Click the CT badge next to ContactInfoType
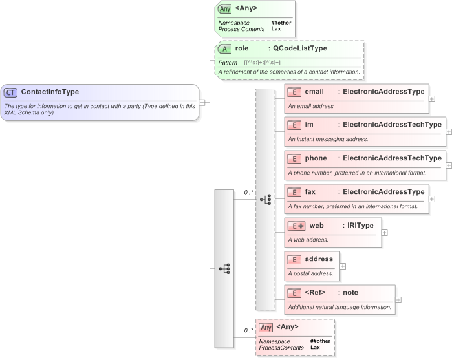pyautogui.click(x=11, y=92)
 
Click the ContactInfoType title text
pyautogui.click(x=50, y=92)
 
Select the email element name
pyautogui.click(x=314, y=92)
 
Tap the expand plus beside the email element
pyautogui.click(x=432, y=99)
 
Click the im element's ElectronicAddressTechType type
pyautogui.click(x=392, y=124)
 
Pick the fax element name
pyautogui.click(x=311, y=191)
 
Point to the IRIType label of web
pyautogui.click(x=361, y=225)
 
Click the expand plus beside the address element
pyautogui.click(x=343, y=266)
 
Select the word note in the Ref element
pyautogui.click(x=350, y=293)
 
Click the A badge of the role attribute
pyautogui.click(x=224, y=48)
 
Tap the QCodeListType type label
pyautogui.click(x=299, y=48)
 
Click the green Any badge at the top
pyautogui.click(x=225, y=8)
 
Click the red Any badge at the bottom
pyautogui.click(x=266, y=327)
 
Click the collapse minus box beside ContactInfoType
pyautogui.click(x=202, y=102)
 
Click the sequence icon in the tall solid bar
pyautogui.click(x=224, y=268)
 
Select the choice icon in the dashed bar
pyautogui.click(x=265, y=199)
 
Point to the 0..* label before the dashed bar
pyautogui.click(x=248, y=192)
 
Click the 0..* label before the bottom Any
pyautogui.click(x=248, y=330)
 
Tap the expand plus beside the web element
pyautogui.click(x=384, y=232)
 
